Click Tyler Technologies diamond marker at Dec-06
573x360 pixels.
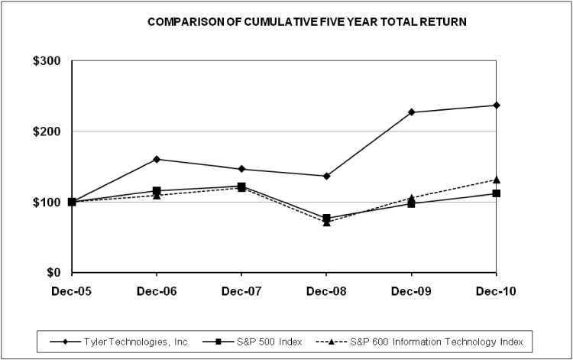157,159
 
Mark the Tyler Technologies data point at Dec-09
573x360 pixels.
412,112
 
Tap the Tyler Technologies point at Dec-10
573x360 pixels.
497,105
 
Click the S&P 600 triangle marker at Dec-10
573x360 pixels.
497,180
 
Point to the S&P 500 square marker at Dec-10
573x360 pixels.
497,193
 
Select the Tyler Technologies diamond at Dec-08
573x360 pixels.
327,176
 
